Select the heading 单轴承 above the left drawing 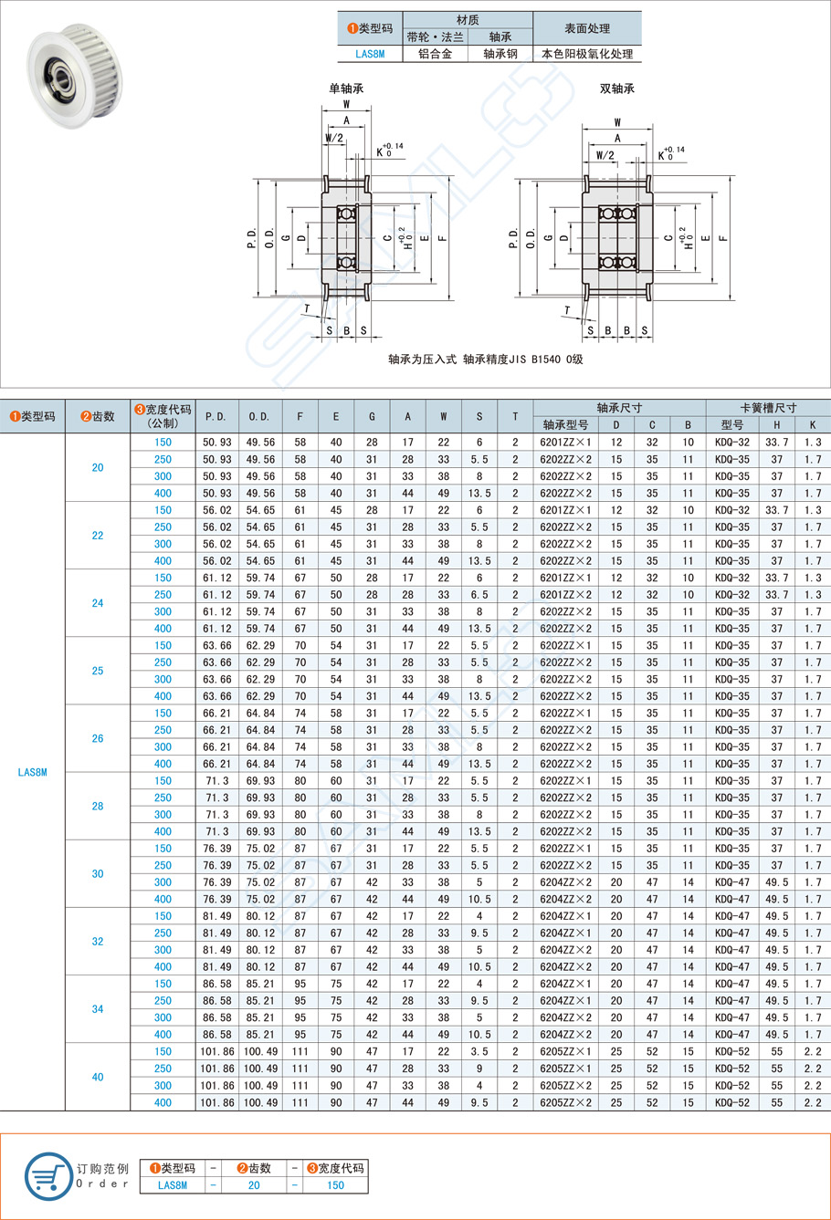coord(347,89)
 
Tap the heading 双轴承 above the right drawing coord(616,89)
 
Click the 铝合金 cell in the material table coord(435,54)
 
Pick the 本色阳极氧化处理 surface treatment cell coord(586,54)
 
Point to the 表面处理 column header coord(586,28)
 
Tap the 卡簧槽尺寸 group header coord(768,408)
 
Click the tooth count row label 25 coord(98,671)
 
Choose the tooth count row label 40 coord(98,1077)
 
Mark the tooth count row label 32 coord(98,942)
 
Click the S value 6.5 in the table coord(479,595)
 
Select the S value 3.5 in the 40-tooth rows coord(479,1052)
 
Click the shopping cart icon coord(47,1176)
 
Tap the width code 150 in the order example coord(335,1185)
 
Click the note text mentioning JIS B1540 coord(485,360)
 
